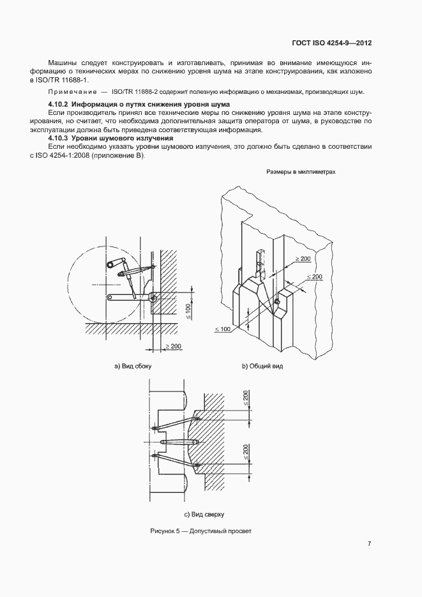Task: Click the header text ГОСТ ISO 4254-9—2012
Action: (x=333, y=43)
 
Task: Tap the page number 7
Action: (x=370, y=544)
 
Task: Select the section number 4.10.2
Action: (x=59, y=104)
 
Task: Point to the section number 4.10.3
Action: (x=59, y=138)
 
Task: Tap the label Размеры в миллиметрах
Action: (x=301, y=172)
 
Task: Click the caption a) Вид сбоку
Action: (x=132, y=367)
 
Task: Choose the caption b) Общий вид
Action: (x=262, y=367)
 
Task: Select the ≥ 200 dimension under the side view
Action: (x=173, y=346)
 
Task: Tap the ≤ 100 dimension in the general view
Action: (x=223, y=328)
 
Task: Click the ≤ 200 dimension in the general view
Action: (x=315, y=277)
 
